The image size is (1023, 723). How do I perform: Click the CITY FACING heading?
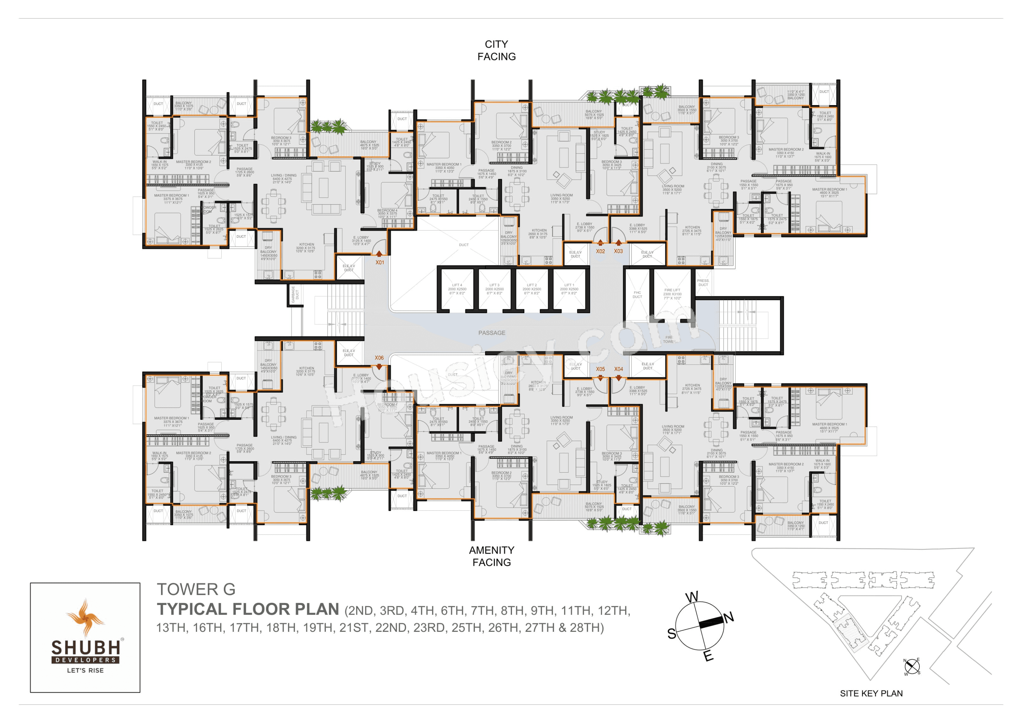point(496,50)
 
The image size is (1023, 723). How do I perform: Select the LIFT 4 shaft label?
point(457,289)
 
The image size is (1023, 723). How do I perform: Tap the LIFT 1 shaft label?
point(569,289)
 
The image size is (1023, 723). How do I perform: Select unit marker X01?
point(379,262)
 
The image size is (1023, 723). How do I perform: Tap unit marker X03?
point(618,251)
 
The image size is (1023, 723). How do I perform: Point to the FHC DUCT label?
point(637,294)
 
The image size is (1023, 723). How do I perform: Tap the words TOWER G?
point(196,589)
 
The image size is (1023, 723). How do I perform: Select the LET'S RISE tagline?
point(85,670)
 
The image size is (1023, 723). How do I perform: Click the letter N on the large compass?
point(729,618)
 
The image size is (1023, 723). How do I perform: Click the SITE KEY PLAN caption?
point(871,693)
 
